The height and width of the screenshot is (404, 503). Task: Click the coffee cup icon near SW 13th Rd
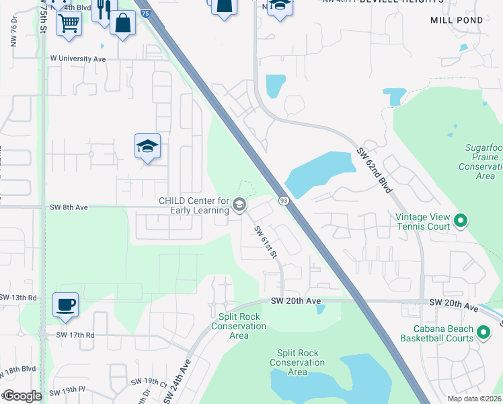coord(65,305)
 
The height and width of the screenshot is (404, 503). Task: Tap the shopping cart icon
coord(69,23)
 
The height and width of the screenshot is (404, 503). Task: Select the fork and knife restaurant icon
coord(104,10)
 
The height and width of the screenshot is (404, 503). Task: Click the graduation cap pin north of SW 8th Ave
coord(147,146)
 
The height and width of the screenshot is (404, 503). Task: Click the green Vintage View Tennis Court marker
coord(461,220)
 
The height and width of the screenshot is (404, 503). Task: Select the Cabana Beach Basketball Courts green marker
coord(483,332)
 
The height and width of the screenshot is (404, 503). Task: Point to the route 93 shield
coord(284,201)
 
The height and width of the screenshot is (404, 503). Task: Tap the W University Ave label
coord(79,59)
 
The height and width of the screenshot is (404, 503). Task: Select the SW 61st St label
coord(265,241)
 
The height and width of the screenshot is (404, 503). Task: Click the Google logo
coord(22,396)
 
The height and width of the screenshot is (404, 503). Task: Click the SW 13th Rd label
coord(18,297)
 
